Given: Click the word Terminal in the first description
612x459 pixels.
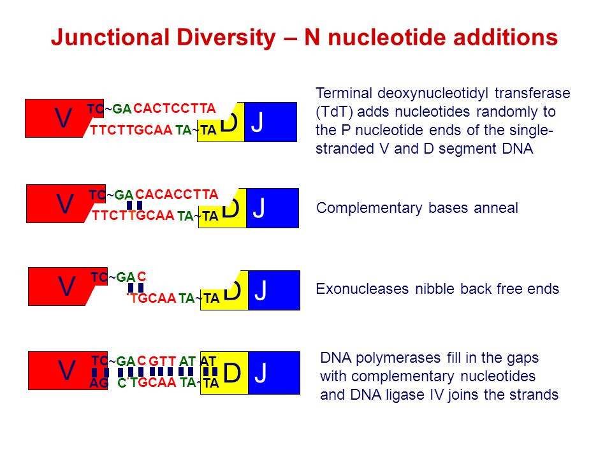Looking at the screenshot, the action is point(344,93).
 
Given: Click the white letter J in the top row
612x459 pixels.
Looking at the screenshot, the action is point(257,122).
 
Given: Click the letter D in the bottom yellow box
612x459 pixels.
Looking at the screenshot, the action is point(232,373).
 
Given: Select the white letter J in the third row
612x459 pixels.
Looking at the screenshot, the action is point(260,291).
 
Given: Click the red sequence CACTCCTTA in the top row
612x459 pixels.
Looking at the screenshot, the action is point(175,108).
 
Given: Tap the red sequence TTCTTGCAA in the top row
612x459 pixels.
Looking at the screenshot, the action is point(131,130).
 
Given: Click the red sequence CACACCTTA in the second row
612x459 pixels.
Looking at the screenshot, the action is point(177,194).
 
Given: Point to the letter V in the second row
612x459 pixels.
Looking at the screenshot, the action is point(64,204).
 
